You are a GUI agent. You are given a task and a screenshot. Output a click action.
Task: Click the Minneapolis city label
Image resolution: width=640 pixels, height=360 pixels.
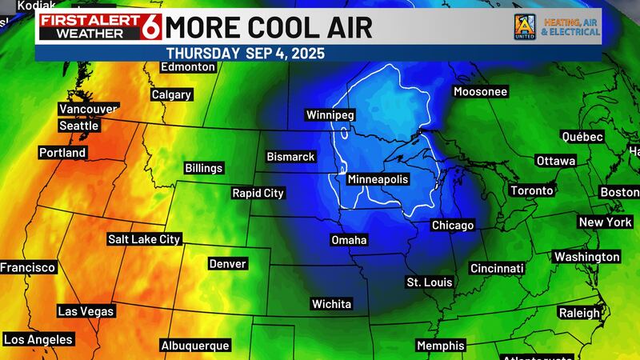point(378,180)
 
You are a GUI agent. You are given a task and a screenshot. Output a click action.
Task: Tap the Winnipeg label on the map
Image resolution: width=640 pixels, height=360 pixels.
point(329,115)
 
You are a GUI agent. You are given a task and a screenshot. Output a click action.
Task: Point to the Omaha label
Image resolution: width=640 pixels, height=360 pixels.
point(349,240)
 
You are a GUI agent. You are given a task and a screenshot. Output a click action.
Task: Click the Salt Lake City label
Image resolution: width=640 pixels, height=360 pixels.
point(145,238)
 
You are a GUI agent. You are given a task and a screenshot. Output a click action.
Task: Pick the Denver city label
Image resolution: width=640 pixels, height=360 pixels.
point(227,263)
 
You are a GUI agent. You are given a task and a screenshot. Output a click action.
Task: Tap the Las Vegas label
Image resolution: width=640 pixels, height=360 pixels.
point(86,311)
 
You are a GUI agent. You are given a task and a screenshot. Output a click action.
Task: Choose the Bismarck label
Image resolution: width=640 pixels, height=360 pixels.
point(290,157)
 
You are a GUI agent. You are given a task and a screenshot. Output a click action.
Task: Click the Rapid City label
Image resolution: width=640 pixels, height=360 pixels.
point(258,193)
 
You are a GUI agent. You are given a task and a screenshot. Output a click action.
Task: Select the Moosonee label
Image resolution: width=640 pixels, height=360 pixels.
point(480,92)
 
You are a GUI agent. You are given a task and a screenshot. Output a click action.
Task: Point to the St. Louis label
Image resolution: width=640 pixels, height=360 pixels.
point(430,282)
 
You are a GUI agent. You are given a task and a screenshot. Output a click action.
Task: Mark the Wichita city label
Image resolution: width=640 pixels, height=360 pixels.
point(331,304)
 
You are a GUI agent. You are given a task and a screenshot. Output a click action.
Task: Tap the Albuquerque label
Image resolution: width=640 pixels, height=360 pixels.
point(195,346)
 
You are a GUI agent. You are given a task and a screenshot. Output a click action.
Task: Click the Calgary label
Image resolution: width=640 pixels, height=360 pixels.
point(171,94)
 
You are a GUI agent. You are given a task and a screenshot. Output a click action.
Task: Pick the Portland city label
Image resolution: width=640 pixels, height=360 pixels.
point(62,152)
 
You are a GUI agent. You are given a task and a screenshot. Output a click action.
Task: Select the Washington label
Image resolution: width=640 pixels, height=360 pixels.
point(586,257)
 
